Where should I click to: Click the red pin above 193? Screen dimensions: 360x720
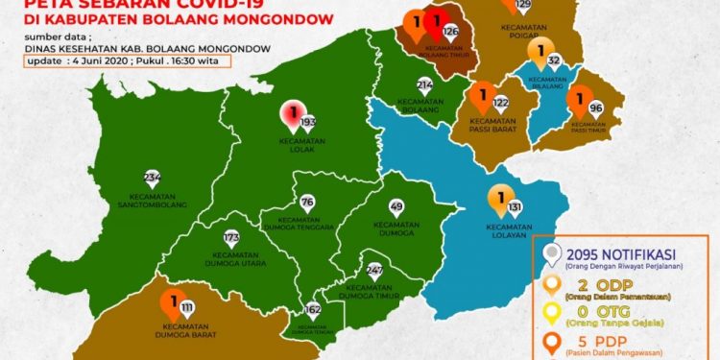coord(290,114)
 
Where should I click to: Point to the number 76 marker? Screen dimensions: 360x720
coord(306,203)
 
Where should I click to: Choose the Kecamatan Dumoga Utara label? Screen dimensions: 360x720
coord(230,261)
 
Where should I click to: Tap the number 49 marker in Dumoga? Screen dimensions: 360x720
coord(397,206)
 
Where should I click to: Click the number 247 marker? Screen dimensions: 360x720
coord(374,270)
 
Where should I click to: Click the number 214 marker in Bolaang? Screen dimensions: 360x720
coord(425,85)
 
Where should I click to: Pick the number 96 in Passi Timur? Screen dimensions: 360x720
coord(596,108)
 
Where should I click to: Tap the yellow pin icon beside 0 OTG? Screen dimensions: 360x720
coord(551,313)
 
